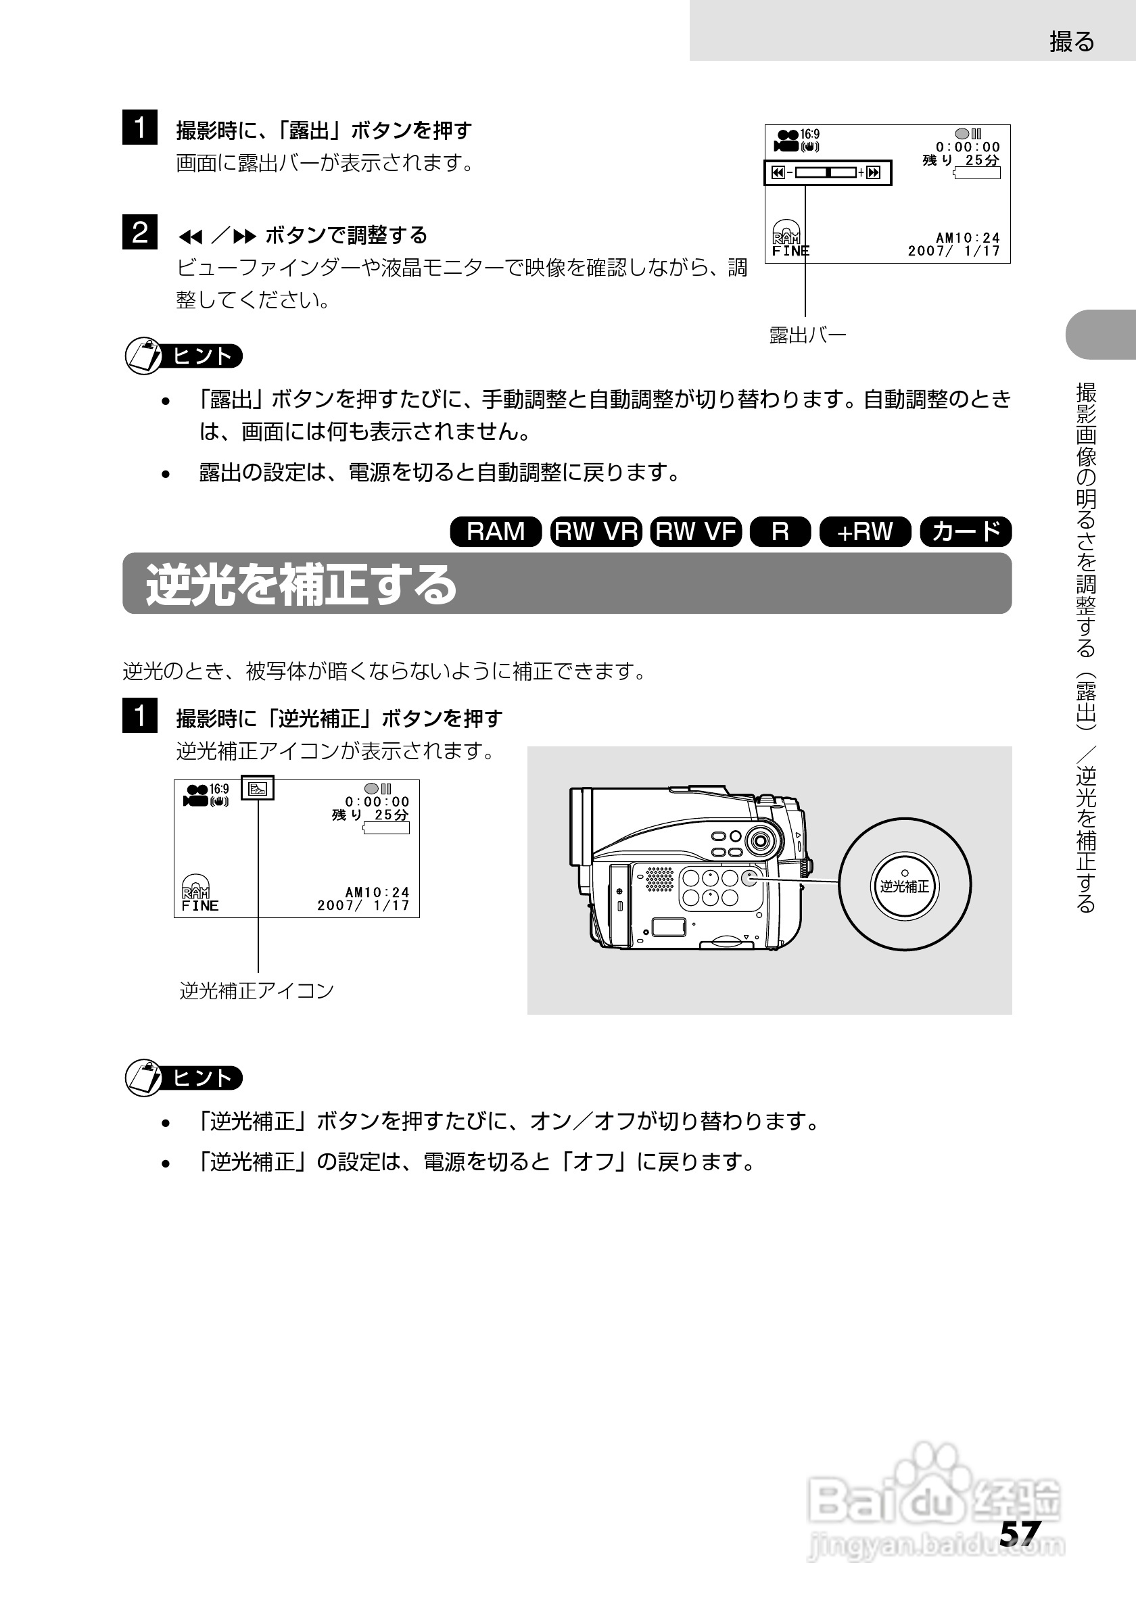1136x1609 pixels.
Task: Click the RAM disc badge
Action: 496,531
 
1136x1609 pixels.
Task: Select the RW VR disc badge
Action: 596,531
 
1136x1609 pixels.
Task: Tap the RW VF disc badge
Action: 695,531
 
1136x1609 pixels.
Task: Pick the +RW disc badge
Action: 865,531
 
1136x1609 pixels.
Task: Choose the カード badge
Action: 966,531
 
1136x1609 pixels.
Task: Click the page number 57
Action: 1020,1533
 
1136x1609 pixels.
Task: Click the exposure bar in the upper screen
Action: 827,172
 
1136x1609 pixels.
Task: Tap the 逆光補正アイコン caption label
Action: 256,990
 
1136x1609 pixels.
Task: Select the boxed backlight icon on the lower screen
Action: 257,788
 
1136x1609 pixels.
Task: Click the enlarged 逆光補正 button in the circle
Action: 905,886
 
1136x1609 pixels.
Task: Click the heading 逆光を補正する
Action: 302,585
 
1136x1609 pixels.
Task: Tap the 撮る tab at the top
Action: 1072,42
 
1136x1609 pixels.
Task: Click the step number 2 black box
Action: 139,232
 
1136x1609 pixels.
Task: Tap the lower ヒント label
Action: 203,1078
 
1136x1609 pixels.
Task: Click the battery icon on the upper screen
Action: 978,172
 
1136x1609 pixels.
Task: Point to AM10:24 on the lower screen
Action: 377,892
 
